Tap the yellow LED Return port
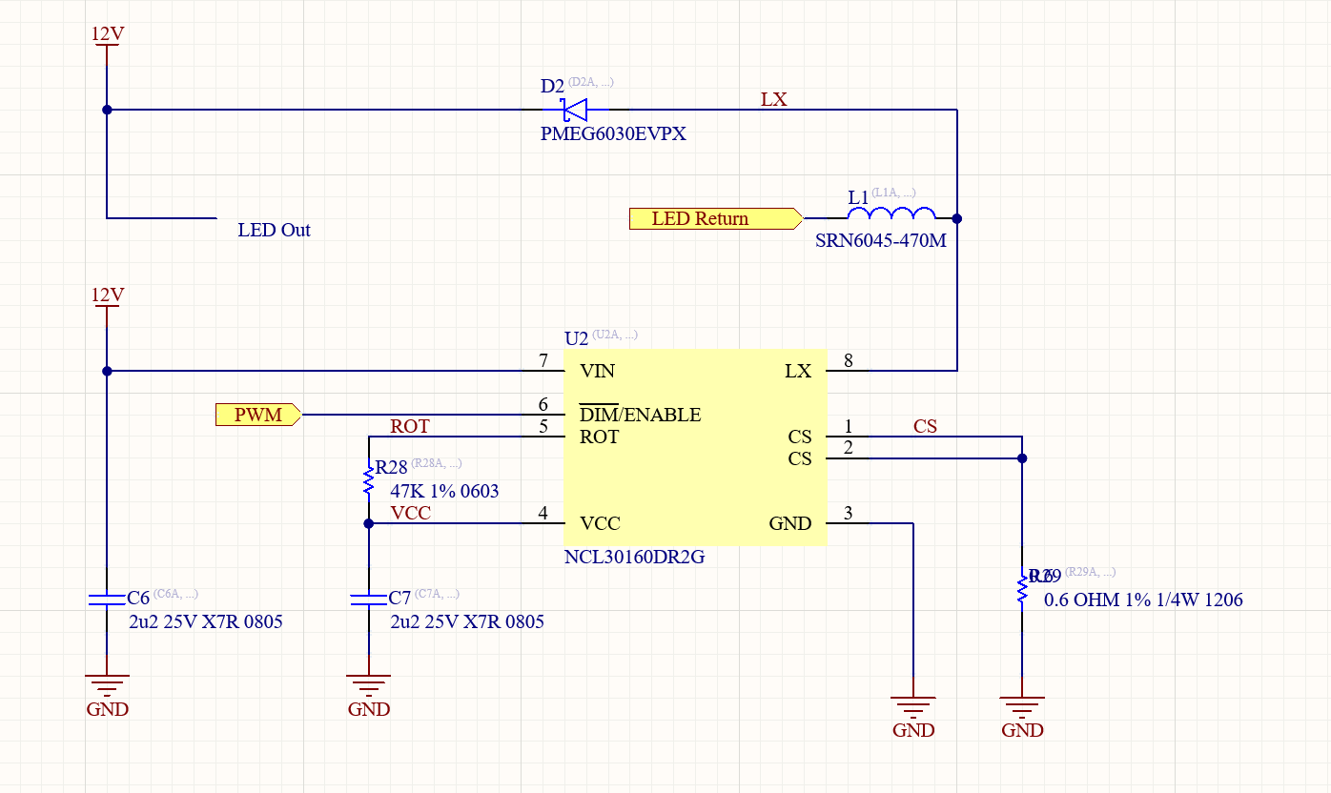713,219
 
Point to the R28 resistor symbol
368,479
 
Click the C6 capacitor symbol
107,599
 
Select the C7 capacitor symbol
368,599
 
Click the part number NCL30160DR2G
634,558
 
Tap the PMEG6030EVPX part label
613,134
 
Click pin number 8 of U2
849,360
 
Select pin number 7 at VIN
543,360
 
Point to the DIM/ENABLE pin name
640,415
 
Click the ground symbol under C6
107,684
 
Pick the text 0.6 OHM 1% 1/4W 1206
1142,600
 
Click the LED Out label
274,231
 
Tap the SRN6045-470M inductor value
880,241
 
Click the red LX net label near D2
773,99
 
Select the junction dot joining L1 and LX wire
957,218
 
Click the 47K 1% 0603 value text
444,492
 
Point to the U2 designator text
576,338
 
